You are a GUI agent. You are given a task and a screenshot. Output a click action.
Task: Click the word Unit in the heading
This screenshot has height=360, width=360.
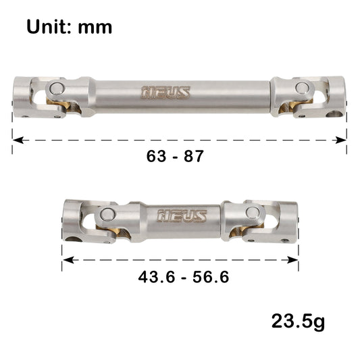[x=49, y=27]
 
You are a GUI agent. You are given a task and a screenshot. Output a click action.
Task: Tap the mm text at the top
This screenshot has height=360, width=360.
[x=94, y=28]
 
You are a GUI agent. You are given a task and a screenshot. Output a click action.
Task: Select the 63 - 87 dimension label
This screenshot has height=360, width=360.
[x=175, y=155]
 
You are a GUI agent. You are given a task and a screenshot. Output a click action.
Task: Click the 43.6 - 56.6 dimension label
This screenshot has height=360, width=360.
[x=180, y=278]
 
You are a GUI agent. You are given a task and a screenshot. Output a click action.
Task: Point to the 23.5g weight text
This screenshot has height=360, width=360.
[x=295, y=321]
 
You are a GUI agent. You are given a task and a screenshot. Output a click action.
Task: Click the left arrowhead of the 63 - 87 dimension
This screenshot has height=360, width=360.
[x=16, y=140]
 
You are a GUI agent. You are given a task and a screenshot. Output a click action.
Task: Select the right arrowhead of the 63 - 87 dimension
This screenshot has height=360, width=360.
[x=342, y=140]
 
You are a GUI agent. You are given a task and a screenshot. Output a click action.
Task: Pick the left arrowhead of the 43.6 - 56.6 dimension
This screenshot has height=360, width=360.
[x=66, y=258]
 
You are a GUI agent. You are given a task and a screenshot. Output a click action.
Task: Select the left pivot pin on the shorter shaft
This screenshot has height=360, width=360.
[x=106, y=215]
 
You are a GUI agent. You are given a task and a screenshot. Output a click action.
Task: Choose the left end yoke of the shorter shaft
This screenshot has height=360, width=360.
[x=74, y=219]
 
